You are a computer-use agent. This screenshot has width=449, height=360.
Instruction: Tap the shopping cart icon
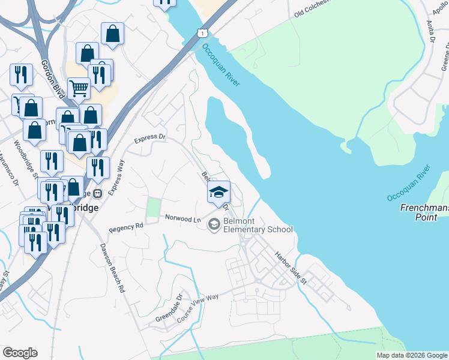[79, 89]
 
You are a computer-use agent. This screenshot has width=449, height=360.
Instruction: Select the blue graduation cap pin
[218, 193]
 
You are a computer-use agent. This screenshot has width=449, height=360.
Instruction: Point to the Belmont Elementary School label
[258, 225]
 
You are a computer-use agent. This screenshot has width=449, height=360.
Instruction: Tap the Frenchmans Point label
[424, 212]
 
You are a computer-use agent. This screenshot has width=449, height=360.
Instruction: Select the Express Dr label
[149, 137]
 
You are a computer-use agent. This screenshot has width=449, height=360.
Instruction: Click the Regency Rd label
[127, 228]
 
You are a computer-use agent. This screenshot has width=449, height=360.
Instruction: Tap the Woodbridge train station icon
[97, 193]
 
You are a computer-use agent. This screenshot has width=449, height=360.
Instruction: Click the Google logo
[20, 353]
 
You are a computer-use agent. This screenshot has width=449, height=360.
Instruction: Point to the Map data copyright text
[412, 355]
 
